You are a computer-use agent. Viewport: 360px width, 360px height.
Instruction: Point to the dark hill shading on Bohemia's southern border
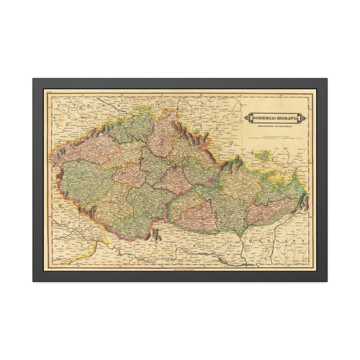156,234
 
